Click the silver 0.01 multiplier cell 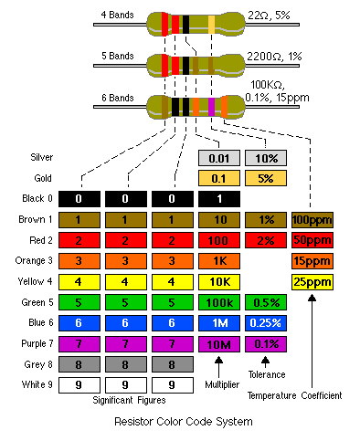[219, 157]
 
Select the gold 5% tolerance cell [266, 178]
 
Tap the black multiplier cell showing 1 [219, 199]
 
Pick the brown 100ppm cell [312, 220]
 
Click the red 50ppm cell [312, 241]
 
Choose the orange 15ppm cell [312, 262]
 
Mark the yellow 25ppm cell [312, 282]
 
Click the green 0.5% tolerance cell [266, 303]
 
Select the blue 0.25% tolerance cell [266, 324]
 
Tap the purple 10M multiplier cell [219, 345]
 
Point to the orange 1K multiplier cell [219, 262]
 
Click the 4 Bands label [117, 16]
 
